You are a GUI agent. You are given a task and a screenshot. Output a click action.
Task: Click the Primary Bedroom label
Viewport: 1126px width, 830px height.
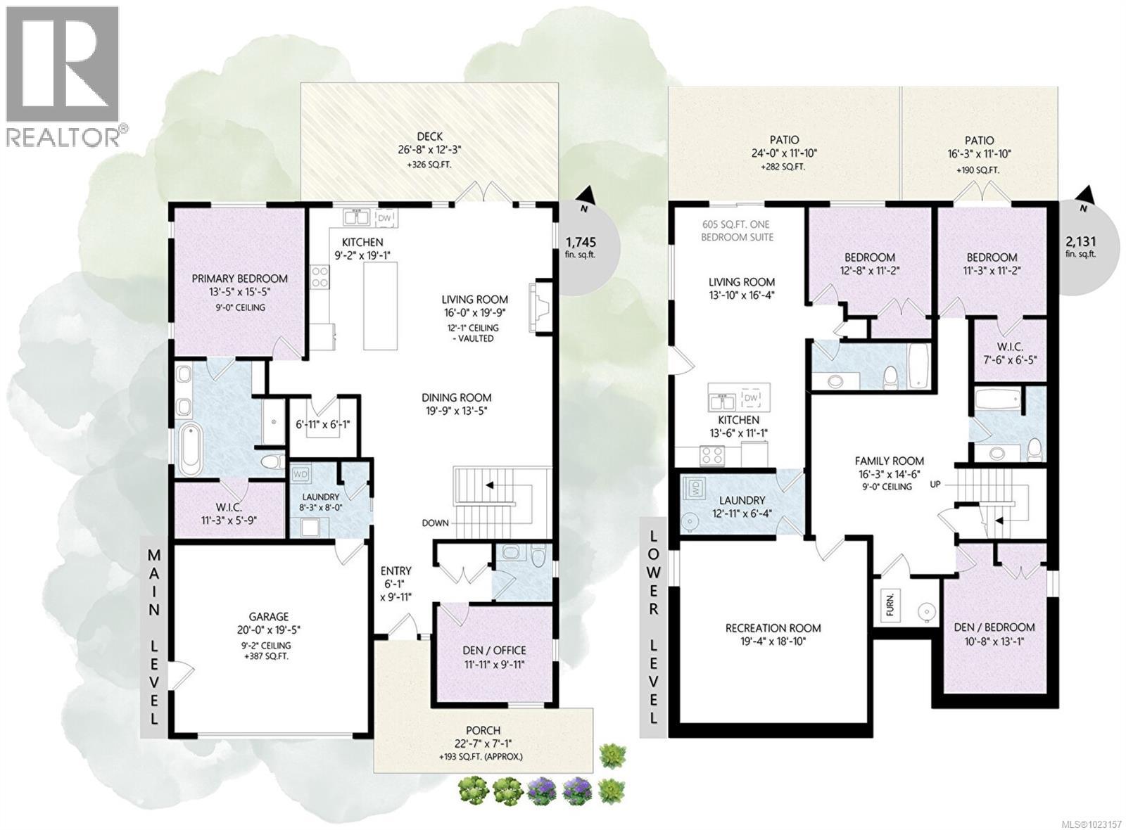[x=239, y=279]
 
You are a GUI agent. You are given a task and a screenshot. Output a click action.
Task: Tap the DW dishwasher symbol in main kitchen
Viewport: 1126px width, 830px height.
[x=384, y=218]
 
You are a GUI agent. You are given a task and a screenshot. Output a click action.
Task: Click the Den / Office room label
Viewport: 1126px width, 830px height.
[x=494, y=650]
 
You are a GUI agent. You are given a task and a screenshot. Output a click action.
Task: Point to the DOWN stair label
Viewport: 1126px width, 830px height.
[x=436, y=523]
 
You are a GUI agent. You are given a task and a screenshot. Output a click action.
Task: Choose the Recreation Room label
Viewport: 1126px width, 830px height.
[x=773, y=628]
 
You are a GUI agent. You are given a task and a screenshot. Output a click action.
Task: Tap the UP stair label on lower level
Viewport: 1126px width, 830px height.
[x=935, y=484]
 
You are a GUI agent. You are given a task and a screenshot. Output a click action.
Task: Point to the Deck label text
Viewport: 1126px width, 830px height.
[x=429, y=136]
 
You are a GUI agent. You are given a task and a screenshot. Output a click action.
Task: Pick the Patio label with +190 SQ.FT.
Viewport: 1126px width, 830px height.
[x=979, y=141]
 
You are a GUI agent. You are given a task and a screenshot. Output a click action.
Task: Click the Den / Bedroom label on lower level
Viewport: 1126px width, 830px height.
[x=994, y=627]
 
